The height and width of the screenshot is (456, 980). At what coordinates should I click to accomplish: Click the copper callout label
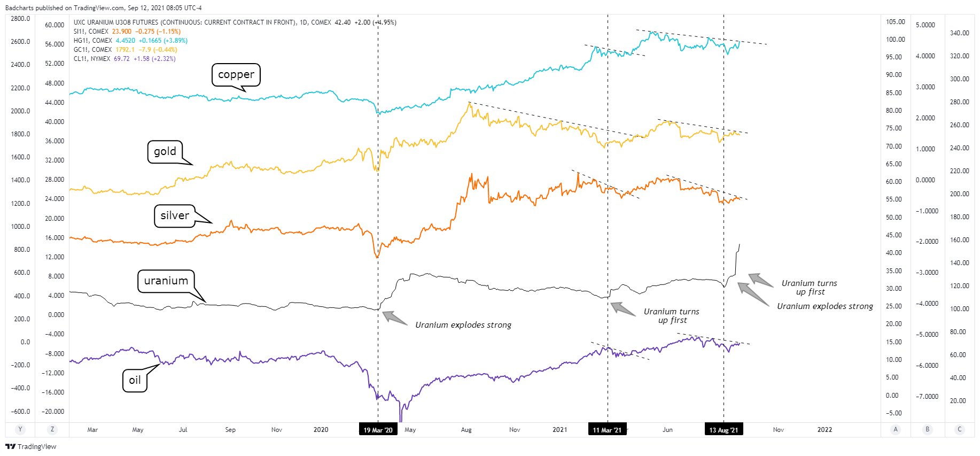point(236,75)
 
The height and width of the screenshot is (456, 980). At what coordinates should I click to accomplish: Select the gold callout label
point(165,151)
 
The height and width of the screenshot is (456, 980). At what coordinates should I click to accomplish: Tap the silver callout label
point(175,215)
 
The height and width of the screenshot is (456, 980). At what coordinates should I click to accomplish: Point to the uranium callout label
point(166,281)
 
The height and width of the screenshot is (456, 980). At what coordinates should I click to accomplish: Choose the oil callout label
point(135,380)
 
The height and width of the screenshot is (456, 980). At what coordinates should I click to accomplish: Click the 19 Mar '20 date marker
point(378,430)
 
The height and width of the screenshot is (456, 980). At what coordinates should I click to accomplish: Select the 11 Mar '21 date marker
point(607,430)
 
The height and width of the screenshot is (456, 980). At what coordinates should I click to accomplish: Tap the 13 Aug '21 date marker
point(724,430)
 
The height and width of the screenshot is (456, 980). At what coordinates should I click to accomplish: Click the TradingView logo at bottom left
point(30,446)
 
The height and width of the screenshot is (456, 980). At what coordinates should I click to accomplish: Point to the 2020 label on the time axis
point(321,430)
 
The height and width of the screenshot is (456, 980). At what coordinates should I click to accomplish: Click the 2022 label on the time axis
point(825,430)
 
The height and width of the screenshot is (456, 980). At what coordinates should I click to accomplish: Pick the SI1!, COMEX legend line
point(127,32)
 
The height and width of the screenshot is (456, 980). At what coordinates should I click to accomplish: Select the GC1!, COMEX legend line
point(125,50)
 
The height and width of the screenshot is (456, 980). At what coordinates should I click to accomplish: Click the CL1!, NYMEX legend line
point(125,59)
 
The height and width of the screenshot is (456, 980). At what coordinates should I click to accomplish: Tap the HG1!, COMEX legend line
point(130,41)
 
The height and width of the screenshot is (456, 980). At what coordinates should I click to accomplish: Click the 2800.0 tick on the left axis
point(20,19)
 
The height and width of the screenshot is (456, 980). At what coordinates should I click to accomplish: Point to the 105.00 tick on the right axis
point(896,22)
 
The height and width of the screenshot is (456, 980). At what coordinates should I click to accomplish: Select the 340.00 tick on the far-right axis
point(959,33)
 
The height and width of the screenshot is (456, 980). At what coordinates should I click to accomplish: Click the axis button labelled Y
point(20,429)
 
